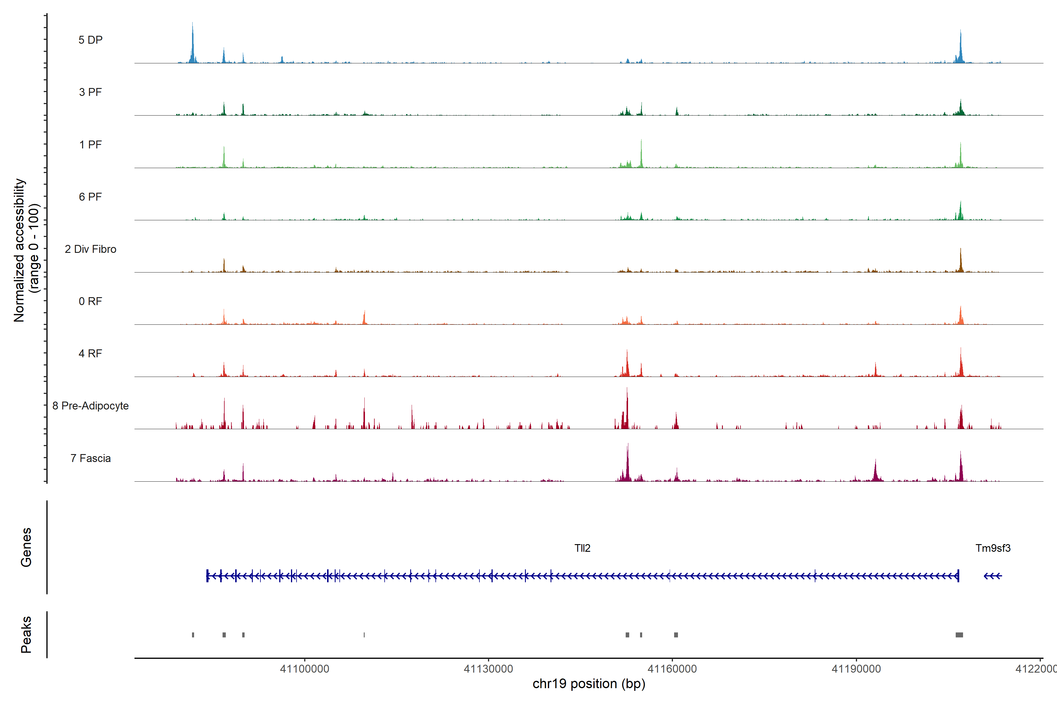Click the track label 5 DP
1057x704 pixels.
click(x=90, y=40)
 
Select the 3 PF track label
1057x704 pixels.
click(x=90, y=92)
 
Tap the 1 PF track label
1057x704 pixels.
click(x=90, y=145)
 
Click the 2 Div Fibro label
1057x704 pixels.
click(x=90, y=249)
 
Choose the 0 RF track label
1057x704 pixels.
click(x=90, y=301)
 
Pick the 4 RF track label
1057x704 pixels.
click(x=90, y=353)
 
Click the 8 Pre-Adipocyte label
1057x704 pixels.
click(x=90, y=406)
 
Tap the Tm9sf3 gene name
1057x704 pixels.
click(x=993, y=548)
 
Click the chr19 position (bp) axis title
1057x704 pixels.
click(x=589, y=684)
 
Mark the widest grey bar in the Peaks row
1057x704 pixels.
click(x=959, y=635)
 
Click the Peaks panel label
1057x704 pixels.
click(x=26, y=634)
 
